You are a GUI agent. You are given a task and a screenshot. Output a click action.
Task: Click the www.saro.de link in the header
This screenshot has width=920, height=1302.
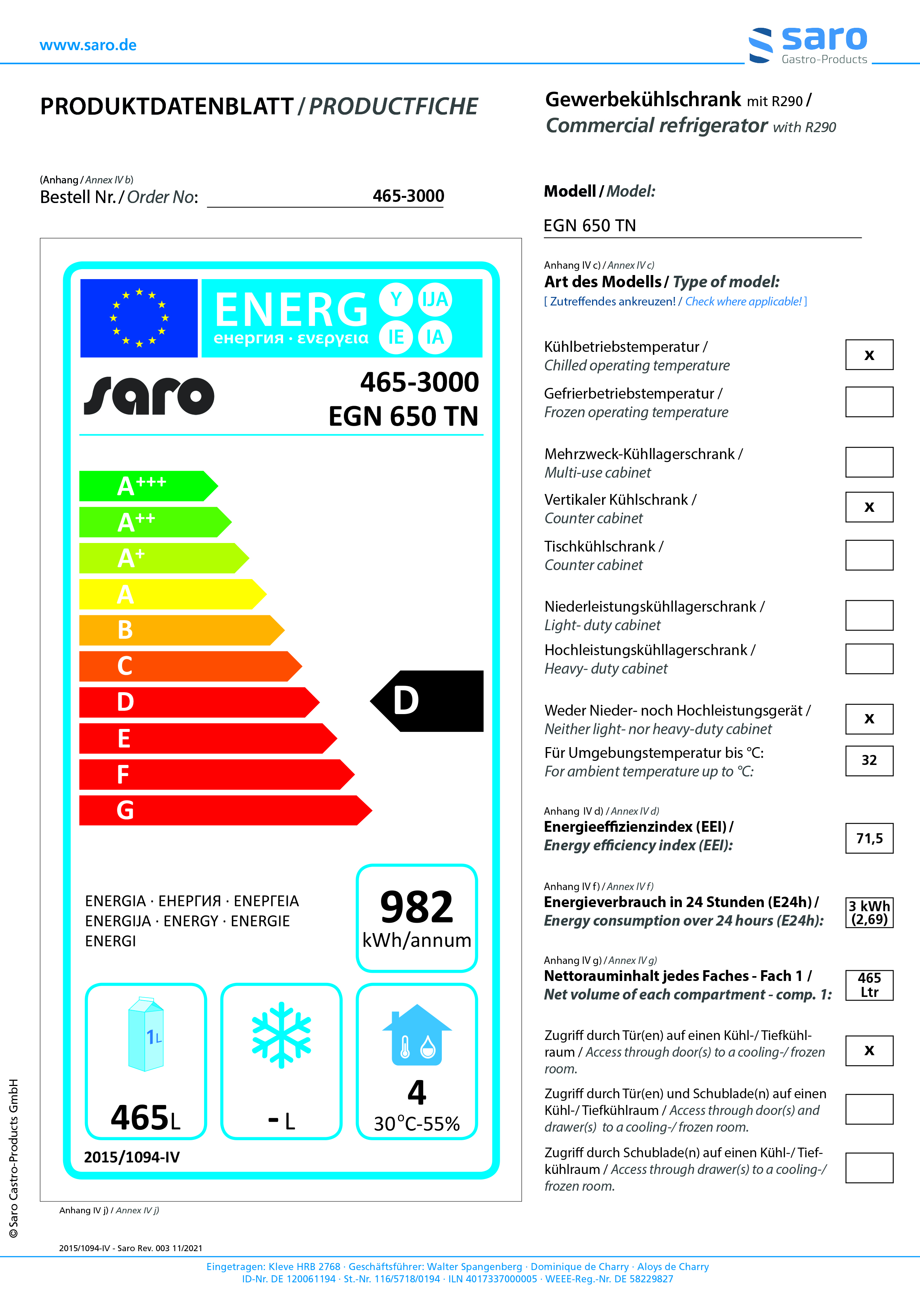tap(88, 45)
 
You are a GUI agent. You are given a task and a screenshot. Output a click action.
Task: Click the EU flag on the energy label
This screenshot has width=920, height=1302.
tap(139, 318)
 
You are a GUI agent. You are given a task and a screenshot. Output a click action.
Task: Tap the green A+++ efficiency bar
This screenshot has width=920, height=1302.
tap(147, 486)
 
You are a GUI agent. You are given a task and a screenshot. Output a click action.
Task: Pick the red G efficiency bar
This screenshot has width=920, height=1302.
tap(224, 810)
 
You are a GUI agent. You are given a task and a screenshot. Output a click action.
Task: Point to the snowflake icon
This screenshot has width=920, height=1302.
tap(281, 1035)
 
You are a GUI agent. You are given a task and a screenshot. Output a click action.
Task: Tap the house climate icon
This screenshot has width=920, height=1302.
tap(417, 1035)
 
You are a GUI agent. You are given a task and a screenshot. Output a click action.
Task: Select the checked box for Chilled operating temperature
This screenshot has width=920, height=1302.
tap(869, 355)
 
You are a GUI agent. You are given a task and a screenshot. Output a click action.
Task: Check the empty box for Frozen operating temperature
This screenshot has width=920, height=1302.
tap(869, 402)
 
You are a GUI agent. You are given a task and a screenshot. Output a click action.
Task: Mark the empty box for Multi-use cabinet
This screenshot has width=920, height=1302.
tap(869, 462)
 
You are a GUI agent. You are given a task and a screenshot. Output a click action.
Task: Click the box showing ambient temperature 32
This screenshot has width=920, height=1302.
tap(869, 760)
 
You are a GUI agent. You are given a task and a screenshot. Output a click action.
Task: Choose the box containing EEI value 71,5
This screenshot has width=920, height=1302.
tap(869, 838)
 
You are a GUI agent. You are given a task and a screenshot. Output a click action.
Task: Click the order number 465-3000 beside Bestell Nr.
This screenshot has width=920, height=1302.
tap(408, 196)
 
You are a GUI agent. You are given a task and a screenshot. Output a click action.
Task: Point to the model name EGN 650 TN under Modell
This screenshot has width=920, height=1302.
tap(589, 226)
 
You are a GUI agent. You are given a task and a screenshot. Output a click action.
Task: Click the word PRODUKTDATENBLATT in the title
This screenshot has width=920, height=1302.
tap(167, 107)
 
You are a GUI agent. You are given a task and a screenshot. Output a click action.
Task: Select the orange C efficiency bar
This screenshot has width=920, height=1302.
tap(190, 666)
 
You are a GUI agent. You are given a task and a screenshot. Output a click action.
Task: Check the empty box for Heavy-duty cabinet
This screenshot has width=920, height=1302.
tap(869, 658)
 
